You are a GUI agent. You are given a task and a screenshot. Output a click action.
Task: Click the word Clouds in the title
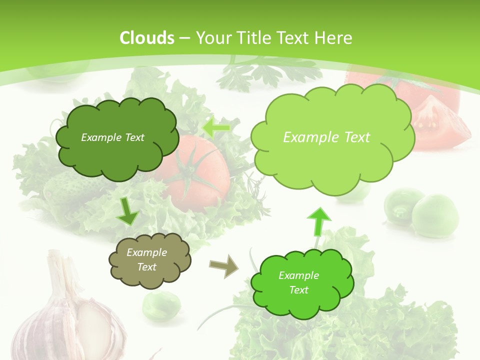[146, 38]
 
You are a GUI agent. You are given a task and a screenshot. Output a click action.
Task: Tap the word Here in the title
[333, 38]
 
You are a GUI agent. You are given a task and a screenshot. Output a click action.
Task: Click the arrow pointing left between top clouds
[216, 128]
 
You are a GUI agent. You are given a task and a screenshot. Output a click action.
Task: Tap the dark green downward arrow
[128, 211]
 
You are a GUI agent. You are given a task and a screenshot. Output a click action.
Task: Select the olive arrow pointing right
[224, 266]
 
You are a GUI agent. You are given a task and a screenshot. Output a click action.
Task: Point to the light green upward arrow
[319, 221]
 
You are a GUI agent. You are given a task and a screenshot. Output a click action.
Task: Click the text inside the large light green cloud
[326, 137]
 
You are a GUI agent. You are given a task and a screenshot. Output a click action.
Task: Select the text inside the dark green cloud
[112, 137]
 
